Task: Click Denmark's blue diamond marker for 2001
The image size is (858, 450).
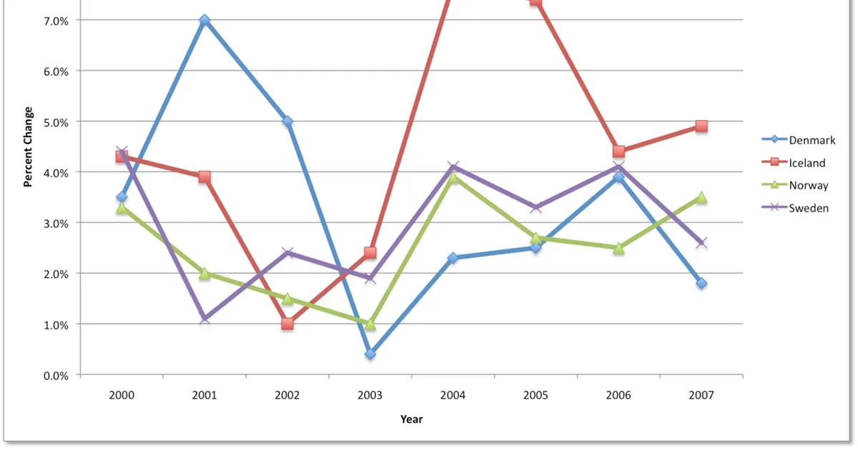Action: click(x=204, y=20)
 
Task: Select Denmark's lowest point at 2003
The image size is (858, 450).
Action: click(x=370, y=354)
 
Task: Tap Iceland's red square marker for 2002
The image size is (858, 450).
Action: click(x=287, y=324)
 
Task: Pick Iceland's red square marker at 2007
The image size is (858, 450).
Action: click(x=701, y=126)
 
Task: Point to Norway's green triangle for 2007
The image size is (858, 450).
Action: click(x=701, y=197)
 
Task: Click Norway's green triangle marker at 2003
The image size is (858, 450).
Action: click(x=370, y=324)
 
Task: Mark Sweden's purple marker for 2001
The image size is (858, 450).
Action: click(x=204, y=319)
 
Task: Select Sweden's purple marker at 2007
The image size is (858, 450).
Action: click(x=701, y=243)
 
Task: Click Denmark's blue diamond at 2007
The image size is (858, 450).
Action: click(x=701, y=284)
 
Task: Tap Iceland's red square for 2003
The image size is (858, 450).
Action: click(x=370, y=253)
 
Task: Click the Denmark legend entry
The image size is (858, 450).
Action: click(x=798, y=140)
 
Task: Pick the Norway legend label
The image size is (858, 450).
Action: click(x=809, y=185)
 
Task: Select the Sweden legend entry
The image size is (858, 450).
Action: click(x=795, y=208)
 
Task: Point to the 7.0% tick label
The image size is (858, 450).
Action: click(x=56, y=21)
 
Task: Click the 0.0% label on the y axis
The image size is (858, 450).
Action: click(x=56, y=376)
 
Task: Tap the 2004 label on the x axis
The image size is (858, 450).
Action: click(x=453, y=395)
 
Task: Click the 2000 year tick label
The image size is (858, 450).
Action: click(x=122, y=395)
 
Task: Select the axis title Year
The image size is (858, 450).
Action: click(x=411, y=419)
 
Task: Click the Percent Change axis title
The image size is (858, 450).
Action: click(x=28, y=147)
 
